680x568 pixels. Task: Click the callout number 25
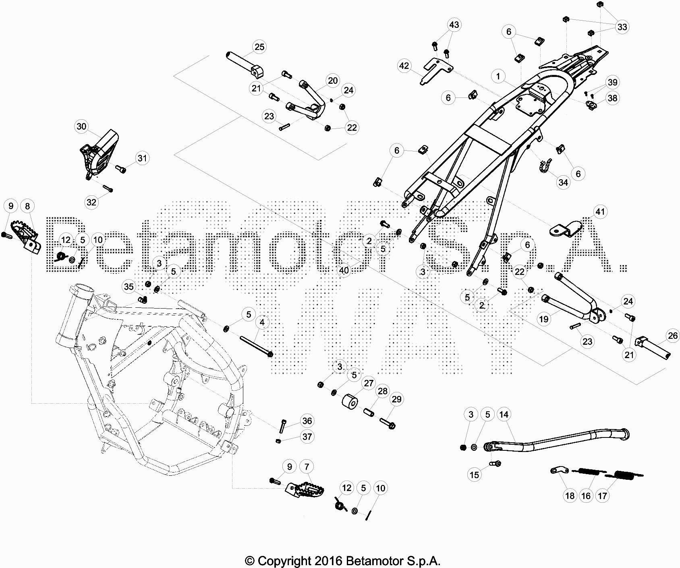click(259, 47)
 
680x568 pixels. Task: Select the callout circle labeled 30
click(81, 126)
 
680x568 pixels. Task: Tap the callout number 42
click(404, 66)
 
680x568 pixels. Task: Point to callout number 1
click(498, 76)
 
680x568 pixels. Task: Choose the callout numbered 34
click(563, 182)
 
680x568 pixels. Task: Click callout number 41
click(600, 211)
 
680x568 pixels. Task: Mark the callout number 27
click(369, 383)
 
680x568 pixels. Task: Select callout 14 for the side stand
click(504, 414)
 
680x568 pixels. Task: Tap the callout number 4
click(262, 322)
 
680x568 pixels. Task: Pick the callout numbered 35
click(129, 287)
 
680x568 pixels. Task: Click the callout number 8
click(27, 206)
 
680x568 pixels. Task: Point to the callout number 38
click(612, 98)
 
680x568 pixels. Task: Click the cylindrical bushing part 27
click(350, 403)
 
